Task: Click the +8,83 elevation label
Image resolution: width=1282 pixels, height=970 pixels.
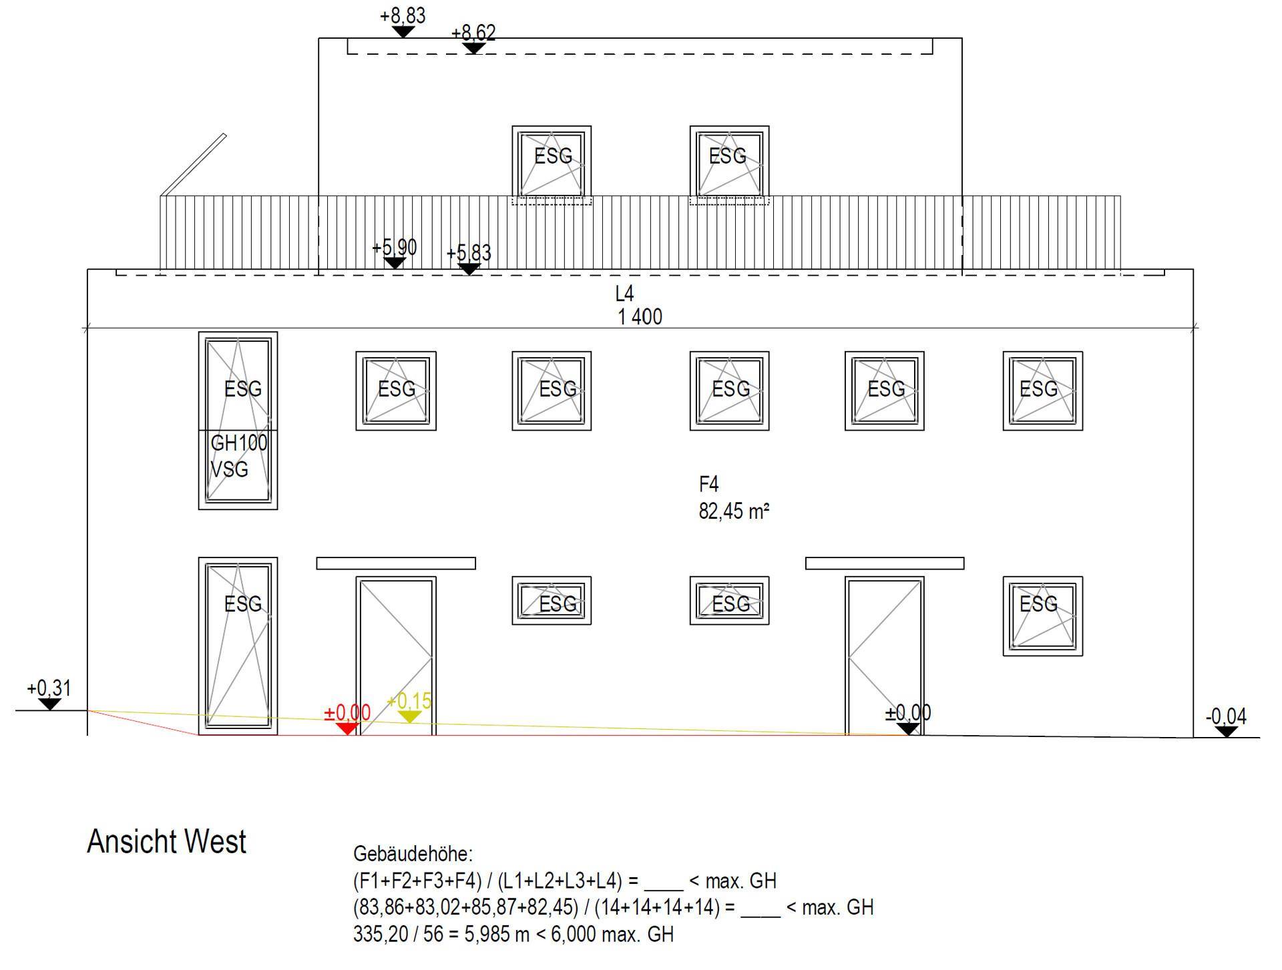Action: pos(403,15)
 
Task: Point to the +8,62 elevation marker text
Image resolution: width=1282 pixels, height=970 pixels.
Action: pos(473,33)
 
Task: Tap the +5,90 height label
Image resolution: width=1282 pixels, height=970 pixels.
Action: pos(395,248)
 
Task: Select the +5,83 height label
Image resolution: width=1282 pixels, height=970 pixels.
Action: pos(469,253)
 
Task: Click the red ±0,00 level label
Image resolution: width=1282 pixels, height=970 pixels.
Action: pos(347,712)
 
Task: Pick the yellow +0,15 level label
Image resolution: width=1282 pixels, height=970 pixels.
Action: pos(409,701)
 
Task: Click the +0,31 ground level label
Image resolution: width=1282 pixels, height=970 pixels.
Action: pos(49,688)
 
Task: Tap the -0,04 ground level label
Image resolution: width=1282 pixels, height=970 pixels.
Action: pos(1226,716)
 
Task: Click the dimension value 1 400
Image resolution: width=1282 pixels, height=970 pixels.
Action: pos(640,316)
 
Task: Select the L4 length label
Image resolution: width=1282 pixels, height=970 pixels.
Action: pos(624,293)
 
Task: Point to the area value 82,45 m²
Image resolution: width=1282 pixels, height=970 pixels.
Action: pos(734,511)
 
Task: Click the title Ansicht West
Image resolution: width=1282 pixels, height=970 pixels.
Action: pos(167,841)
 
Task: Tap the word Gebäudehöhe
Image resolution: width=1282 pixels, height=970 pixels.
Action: pos(413,854)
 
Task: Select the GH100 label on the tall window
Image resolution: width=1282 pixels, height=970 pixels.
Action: pos(238,443)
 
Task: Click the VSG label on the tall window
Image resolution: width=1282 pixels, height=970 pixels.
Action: pos(230,469)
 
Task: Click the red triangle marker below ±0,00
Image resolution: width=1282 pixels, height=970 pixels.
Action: pos(347,728)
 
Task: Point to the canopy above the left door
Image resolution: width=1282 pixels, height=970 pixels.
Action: pos(396,563)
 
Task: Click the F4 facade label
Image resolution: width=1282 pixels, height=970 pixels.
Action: pos(709,484)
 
